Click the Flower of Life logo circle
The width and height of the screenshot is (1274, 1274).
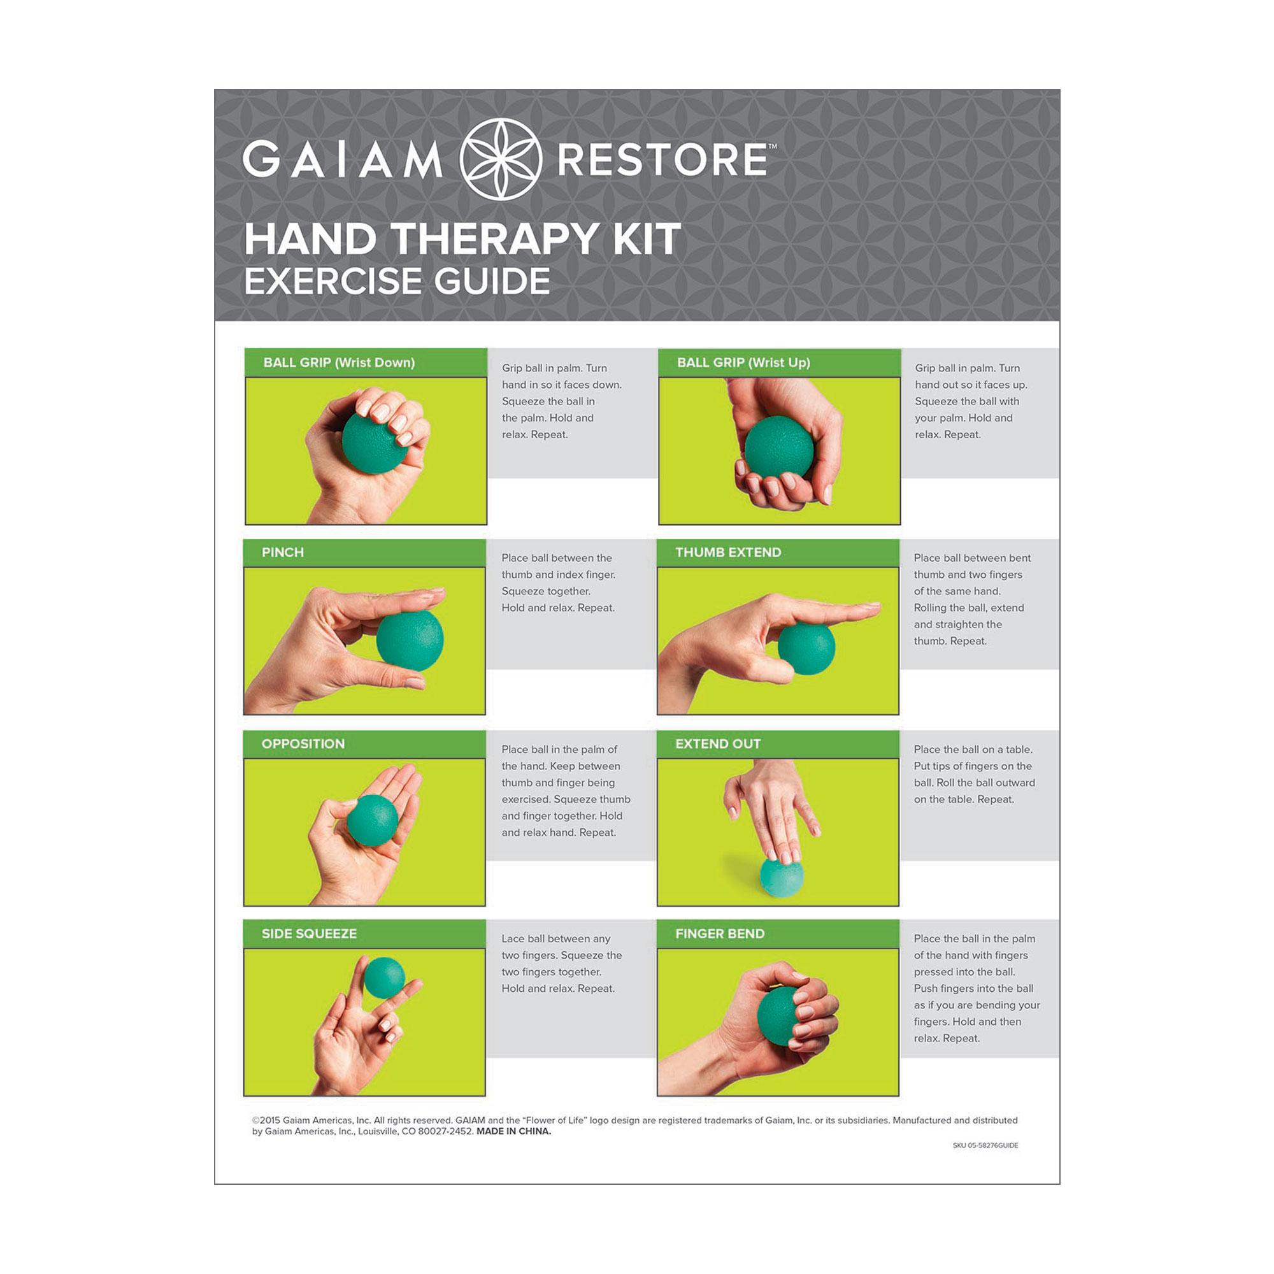pyautogui.click(x=501, y=159)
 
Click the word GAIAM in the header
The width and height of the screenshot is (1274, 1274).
pyautogui.click(x=342, y=161)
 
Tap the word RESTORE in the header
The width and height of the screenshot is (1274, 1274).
pyautogui.click(x=662, y=161)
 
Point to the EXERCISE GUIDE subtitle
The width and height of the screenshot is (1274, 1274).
pyautogui.click(x=397, y=282)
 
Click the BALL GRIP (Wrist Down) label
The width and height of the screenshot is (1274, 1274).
pyautogui.click(x=339, y=362)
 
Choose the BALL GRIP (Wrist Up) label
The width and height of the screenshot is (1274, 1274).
pyautogui.click(x=743, y=362)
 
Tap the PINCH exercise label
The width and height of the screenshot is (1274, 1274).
pyautogui.click(x=282, y=552)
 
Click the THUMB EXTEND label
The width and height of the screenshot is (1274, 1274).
pyautogui.click(x=728, y=552)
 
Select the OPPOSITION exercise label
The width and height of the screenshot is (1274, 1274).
pyautogui.click(x=303, y=744)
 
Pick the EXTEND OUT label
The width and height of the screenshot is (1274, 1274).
pyautogui.click(x=717, y=744)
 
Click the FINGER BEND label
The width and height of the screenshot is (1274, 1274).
pyautogui.click(x=719, y=934)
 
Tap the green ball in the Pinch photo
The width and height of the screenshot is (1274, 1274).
pyautogui.click(x=410, y=640)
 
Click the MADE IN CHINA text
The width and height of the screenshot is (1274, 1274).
pyautogui.click(x=513, y=1131)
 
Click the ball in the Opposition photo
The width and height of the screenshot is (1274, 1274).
pyautogui.click(x=373, y=820)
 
